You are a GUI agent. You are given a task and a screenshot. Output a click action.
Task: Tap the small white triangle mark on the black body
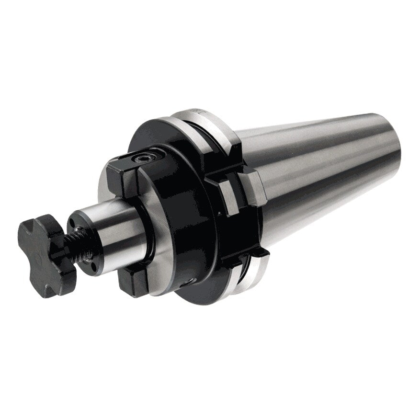click(x=218, y=211)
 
